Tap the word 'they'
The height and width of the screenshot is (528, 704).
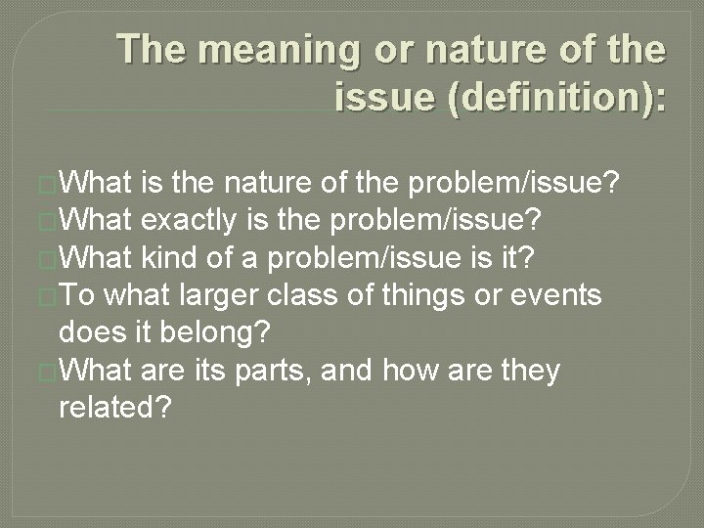click(x=528, y=371)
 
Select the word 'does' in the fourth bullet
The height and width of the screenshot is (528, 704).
click(x=88, y=332)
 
